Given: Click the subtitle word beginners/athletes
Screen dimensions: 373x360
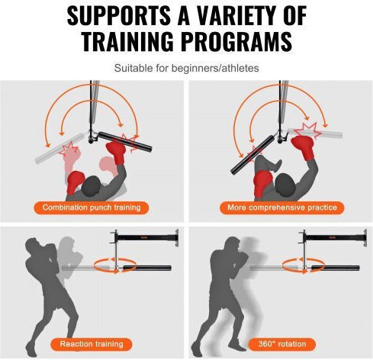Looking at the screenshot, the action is (x=215, y=68).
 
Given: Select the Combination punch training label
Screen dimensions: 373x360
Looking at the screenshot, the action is (x=92, y=207).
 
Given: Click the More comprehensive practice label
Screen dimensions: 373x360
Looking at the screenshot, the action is (x=282, y=207).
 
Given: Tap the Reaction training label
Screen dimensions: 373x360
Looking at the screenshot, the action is (x=92, y=344).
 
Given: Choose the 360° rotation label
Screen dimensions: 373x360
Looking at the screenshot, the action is (x=282, y=344).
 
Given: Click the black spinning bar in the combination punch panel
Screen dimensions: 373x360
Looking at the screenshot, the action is (x=125, y=142).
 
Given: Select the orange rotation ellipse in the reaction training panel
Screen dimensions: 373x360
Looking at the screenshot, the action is (x=115, y=265).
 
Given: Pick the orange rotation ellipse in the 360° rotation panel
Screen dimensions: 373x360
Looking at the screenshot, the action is (x=303, y=265).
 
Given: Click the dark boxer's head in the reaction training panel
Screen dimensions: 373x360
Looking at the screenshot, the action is (x=34, y=246).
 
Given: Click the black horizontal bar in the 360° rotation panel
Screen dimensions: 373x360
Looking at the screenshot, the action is (x=335, y=268).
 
